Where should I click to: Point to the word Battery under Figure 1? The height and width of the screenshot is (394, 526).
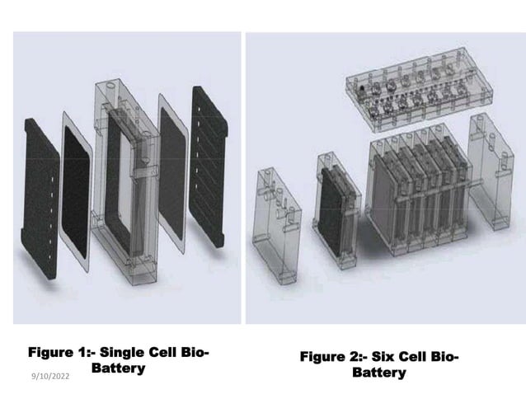[118, 368]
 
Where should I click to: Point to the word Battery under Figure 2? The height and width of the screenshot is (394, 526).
[378, 373]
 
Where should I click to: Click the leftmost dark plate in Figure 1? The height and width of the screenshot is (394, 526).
[40, 188]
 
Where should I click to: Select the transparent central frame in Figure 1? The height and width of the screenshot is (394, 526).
[127, 181]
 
